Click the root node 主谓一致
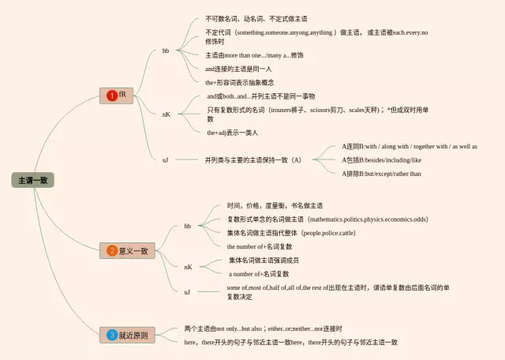[x=32, y=180]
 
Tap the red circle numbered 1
[x=112, y=96]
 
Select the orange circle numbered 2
[x=112, y=251]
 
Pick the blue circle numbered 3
[x=112, y=335]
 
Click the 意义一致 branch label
[x=133, y=251]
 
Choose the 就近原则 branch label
[x=133, y=335]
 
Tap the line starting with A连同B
[x=409, y=146]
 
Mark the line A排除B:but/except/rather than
[x=381, y=174]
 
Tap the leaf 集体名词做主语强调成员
[x=264, y=260]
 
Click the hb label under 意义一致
[x=188, y=226]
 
